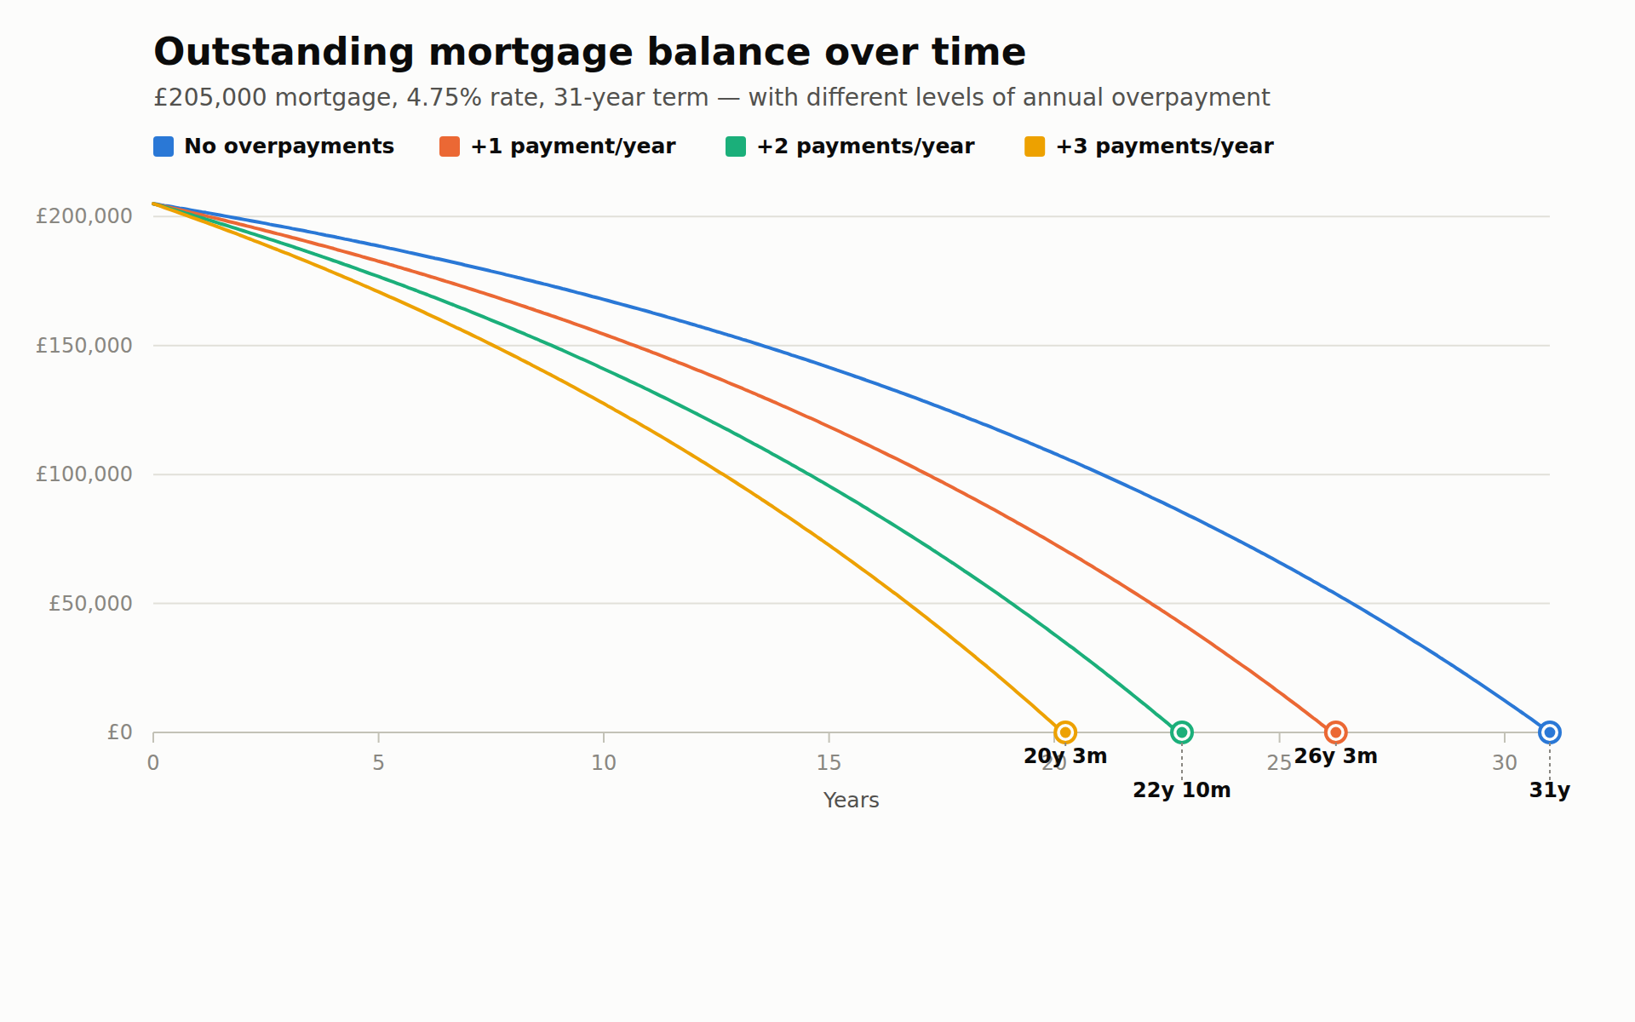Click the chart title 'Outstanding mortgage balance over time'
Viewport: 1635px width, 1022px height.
click(589, 53)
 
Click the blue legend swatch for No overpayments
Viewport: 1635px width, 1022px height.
click(163, 146)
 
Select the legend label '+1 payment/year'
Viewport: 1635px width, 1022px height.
click(573, 146)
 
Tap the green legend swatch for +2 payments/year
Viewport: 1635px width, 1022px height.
click(736, 146)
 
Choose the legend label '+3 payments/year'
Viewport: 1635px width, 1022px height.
click(1164, 146)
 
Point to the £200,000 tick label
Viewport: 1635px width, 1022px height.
click(84, 216)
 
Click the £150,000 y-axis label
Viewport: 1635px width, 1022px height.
click(84, 346)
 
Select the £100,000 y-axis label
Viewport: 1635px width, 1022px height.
click(84, 474)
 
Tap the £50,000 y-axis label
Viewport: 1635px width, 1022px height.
click(90, 604)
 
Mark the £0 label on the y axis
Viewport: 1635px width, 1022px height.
click(120, 732)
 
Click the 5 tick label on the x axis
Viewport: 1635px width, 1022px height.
click(378, 763)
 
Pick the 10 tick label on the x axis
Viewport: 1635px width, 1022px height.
click(604, 763)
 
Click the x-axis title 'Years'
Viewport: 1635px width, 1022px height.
click(851, 801)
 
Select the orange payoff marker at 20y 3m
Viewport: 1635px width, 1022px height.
click(1065, 732)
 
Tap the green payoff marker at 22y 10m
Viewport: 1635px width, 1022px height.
click(1181, 732)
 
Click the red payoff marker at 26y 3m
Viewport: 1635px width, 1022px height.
click(1335, 732)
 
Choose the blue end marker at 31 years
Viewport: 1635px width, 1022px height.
click(1550, 732)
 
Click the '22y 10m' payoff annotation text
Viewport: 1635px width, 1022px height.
click(1181, 790)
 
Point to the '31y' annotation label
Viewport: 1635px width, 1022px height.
click(1550, 790)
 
